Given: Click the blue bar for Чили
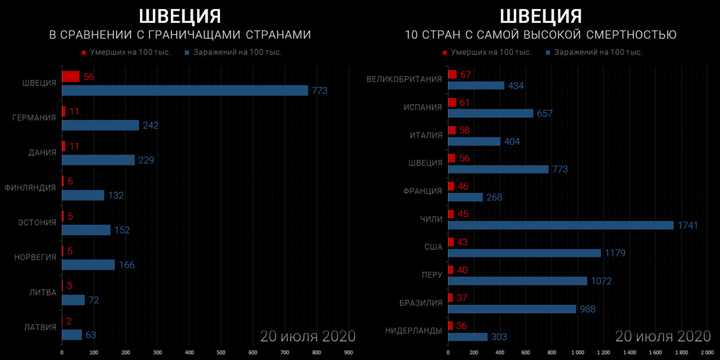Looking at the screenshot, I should point(561,225).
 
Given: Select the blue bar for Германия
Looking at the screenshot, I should point(100,125).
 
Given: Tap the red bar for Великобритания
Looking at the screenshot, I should point(452,74).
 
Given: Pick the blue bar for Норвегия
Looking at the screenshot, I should point(88,265).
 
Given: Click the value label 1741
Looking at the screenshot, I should point(688,225).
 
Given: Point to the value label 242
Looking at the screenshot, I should point(150,126).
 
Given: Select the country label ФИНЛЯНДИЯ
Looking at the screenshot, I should point(30,188).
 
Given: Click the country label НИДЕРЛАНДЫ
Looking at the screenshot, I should point(413,331).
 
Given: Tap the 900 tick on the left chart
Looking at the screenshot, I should point(348,352).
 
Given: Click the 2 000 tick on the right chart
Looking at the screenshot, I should point(707,352).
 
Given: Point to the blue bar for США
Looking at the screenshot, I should point(524,253).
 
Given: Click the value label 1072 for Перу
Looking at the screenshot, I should point(601,281).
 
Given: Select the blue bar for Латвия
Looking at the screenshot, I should point(72,335).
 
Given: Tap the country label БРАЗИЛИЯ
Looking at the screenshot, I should point(420,303).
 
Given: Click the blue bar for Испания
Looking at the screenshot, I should point(490,113).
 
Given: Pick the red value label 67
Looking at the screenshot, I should point(466,74).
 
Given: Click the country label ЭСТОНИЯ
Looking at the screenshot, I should point(37,223).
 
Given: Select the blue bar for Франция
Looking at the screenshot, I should point(465,197).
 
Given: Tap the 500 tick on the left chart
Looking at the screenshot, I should point(221,352).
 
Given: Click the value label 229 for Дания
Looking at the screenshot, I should point(146,160).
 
